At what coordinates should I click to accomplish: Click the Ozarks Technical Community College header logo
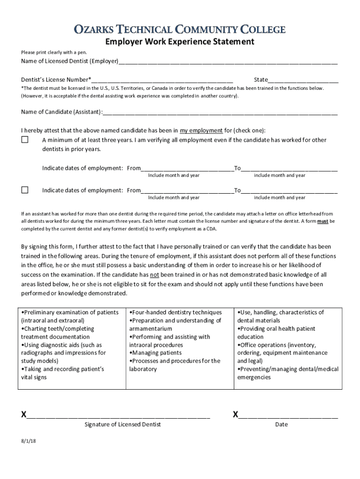pos(180,30)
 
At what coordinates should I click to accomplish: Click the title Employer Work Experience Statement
pos(180,42)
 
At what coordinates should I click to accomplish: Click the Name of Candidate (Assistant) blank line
pos(220,112)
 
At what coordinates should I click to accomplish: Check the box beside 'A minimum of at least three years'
pos(25,140)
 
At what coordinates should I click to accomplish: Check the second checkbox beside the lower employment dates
pos(25,190)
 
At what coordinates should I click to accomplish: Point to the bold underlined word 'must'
pos(323,221)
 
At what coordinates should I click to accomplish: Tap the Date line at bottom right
pos(288,415)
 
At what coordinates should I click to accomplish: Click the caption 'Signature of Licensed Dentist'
pos(122,424)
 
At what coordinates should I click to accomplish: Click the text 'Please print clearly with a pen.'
pos(54,52)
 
